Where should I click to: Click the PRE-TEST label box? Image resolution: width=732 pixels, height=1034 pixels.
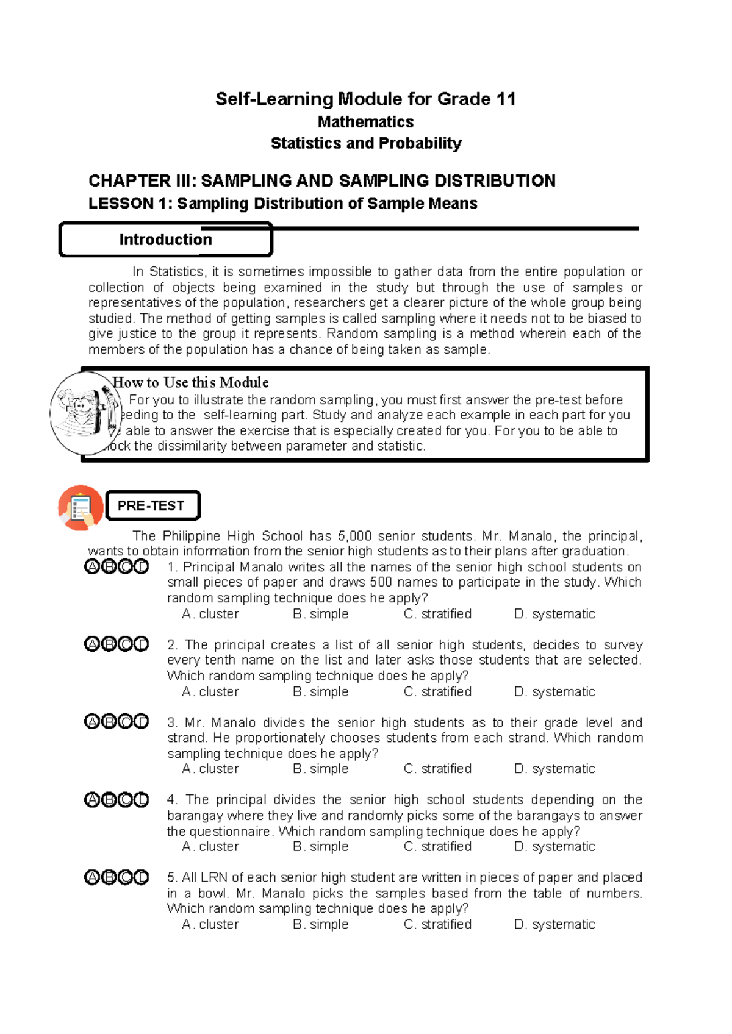pyautogui.click(x=152, y=505)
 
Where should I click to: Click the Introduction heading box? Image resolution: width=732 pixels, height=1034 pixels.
pyautogui.click(x=165, y=240)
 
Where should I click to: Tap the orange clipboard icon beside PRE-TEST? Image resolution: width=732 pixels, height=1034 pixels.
pyautogui.click(x=81, y=507)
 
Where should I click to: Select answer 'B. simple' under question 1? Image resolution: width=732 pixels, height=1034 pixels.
pyautogui.click(x=320, y=614)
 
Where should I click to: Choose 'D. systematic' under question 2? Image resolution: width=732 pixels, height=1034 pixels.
pyautogui.click(x=554, y=692)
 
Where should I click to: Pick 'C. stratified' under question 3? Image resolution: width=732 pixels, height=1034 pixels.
pyautogui.click(x=437, y=769)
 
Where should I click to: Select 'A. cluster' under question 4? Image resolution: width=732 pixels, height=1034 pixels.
pyautogui.click(x=210, y=847)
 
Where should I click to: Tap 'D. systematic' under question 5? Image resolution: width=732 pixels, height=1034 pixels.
pyautogui.click(x=554, y=924)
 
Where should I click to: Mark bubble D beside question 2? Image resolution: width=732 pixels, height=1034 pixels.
pyautogui.click(x=141, y=644)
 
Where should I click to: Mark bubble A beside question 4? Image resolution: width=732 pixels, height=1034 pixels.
pyautogui.click(x=91, y=800)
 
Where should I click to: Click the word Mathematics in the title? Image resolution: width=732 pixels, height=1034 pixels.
pyautogui.click(x=365, y=122)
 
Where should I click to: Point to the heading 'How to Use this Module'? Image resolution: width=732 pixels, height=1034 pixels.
pyautogui.click(x=191, y=382)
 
